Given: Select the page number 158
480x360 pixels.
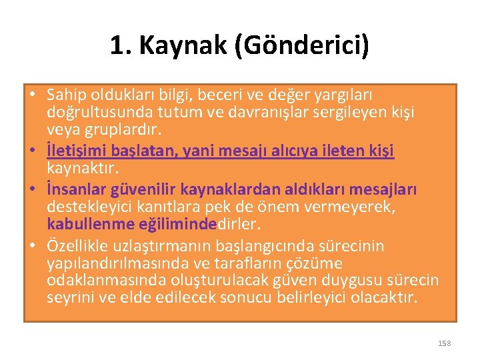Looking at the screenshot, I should pos(444,343).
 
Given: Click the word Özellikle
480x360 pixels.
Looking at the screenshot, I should pos(75,247).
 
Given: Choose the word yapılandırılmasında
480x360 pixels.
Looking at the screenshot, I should pos(107,263).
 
